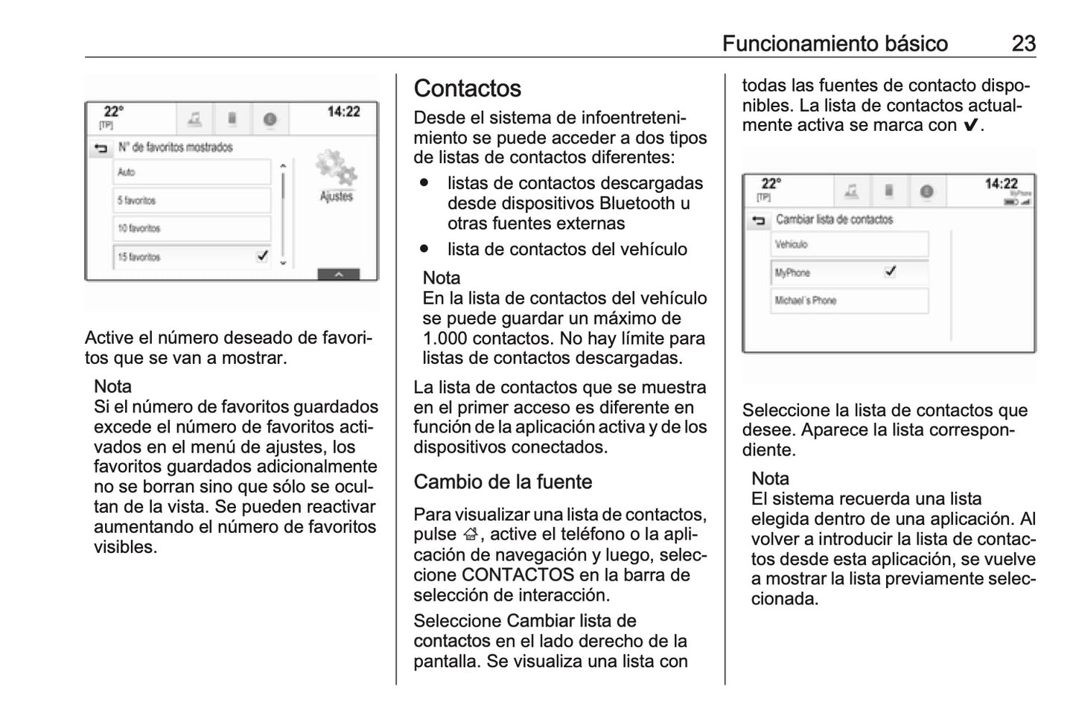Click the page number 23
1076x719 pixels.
pos(1023,43)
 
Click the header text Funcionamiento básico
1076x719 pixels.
pos(835,43)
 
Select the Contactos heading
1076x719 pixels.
pos(468,89)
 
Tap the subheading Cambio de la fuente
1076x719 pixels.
pos(503,482)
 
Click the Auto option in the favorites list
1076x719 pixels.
pos(191,172)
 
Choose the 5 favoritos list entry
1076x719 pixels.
pos(191,200)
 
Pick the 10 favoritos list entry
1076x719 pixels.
pos(191,229)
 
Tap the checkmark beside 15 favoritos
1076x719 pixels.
pos(262,256)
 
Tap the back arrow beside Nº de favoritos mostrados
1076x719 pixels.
pos(101,148)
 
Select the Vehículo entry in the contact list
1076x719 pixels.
pos(849,244)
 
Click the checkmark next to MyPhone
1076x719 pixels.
pos(890,272)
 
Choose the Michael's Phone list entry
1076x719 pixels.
pos(849,301)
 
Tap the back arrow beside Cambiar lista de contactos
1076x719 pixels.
pos(758,220)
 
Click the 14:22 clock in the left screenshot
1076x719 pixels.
pos(343,112)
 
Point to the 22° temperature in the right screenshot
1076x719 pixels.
pos(771,183)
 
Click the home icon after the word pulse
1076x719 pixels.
pos(469,534)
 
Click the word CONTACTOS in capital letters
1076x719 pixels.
pos(518,575)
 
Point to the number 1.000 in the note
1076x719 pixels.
pos(445,338)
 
